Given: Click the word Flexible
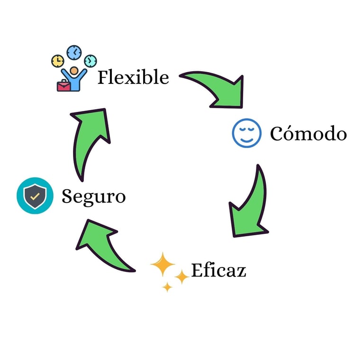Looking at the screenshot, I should point(133,77).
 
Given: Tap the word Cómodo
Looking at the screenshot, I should point(308,134).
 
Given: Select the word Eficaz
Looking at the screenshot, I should point(218,270).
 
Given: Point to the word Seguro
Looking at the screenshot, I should point(93,196).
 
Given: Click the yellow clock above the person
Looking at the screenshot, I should point(57,61).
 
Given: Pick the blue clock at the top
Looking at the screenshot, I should point(74,52).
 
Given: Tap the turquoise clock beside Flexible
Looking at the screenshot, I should point(90,61).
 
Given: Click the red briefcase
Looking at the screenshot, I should point(63,86).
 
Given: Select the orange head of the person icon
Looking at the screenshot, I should point(74,71).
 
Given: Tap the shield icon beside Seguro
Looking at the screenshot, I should point(35,196).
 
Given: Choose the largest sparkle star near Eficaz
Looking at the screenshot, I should point(163,265).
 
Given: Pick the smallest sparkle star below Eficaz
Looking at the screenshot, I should point(167,286).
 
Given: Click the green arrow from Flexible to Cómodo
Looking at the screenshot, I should point(216,88).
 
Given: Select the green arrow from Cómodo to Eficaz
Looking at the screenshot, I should point(249,204).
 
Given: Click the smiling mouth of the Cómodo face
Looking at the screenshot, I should point(246,138).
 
